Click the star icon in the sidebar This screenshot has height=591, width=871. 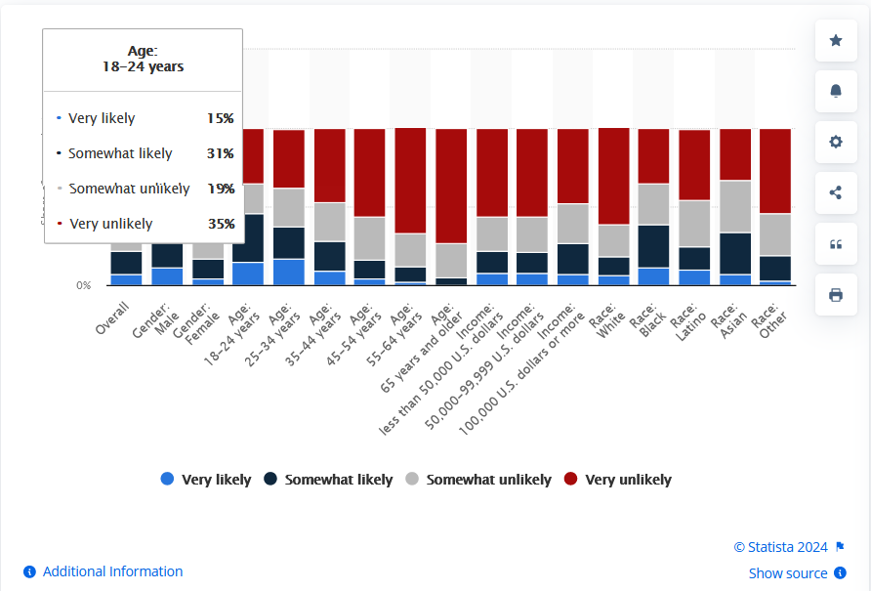(x=836, y=40)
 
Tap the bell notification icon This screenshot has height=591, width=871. (x=836, y=91)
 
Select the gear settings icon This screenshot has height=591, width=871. (x=836, y=142)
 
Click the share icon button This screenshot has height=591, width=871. (x=836, y=192)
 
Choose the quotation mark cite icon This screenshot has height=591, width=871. (x=836, y=244)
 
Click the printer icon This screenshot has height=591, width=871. (x=836, y=295)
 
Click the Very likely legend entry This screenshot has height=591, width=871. (x=206, y=480)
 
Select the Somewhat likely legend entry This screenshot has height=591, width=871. (x=328, y=480)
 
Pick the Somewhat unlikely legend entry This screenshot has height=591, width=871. (x=478, y=480)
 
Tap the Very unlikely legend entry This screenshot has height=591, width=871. (x=618, y=480)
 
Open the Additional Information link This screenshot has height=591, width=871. (x=104, y=571)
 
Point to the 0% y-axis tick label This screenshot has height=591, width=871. (x=84, y=285)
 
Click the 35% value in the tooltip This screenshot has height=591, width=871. (x=221, y=224)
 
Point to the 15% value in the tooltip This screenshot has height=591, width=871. (x=221, y=118)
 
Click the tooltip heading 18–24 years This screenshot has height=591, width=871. (x=143, y=67)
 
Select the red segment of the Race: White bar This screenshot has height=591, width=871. (x=613, y=176)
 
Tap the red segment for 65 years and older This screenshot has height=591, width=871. (x=451, y=186)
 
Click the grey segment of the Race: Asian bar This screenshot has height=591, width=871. (x=735, y=206)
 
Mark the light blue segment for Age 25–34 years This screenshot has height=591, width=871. (x=288, y=272)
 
